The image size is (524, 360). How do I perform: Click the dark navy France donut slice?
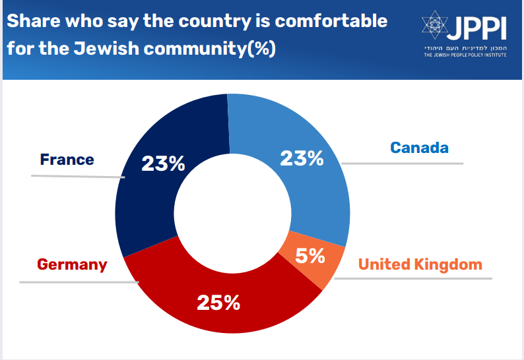(148, 198)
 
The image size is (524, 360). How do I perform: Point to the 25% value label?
(218, 303)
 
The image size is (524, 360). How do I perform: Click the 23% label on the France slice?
(163, 164)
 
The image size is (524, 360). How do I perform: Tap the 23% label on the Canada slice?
(302, 158)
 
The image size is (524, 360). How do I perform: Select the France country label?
(67, 160)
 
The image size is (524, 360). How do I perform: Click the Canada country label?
(419, 147)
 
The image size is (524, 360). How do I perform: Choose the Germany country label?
(72, 265)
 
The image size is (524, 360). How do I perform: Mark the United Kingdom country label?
(420, 265)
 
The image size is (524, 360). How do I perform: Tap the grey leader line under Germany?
(79, 282)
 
